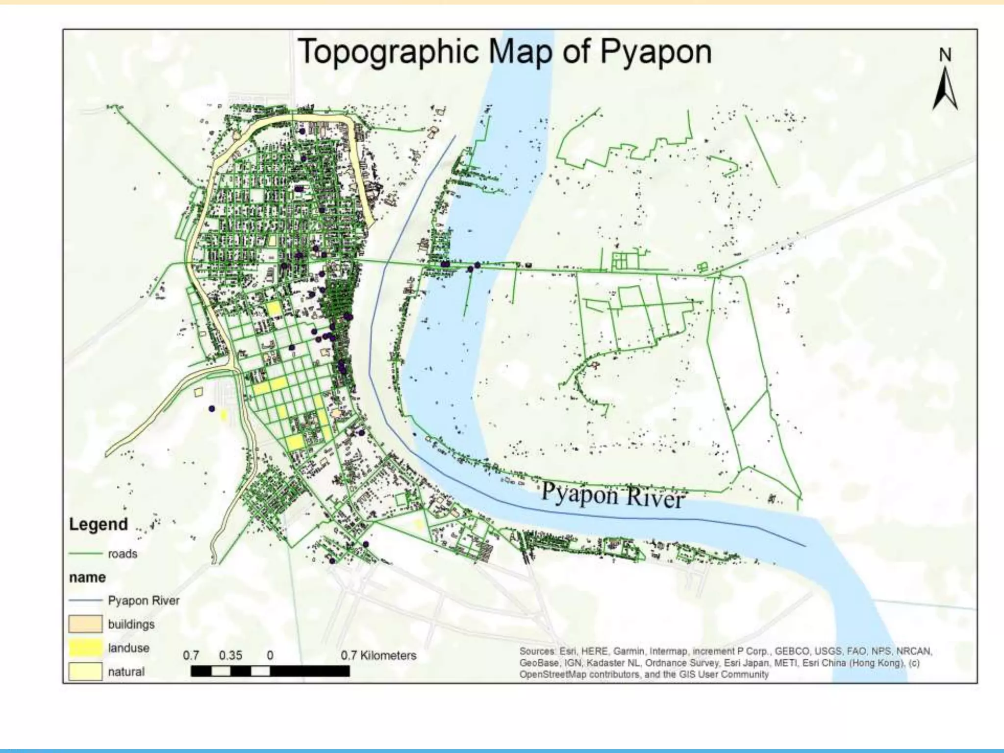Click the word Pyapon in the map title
click(x=655, y=52)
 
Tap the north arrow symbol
click(x=945, y=90)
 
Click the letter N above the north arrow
click(x=945, y=55)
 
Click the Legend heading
click(x=98, y=524)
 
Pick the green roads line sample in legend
click(x=85, y=553)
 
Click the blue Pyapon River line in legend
click(x=85, y=601)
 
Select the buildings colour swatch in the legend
click(x=85, y=624)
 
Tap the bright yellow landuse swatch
click(x=85, y=648)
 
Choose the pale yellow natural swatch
click(x=85, y=671)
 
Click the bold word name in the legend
click(x=87, y=577)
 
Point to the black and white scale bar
click(x=270, y=671)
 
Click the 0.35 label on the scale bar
click(x=230, y=655)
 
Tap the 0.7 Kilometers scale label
click(x=378, y=655)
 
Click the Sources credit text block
click(x=726, y=663)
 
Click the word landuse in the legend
click(x=128, y=648)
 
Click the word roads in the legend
click(x=123, y=553)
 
